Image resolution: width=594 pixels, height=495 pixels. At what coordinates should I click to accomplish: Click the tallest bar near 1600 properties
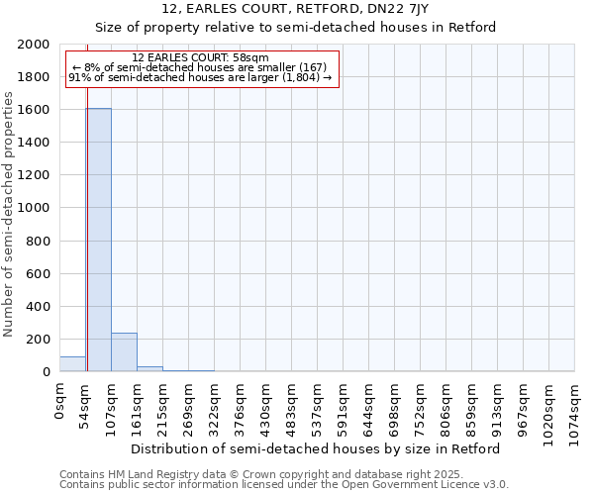(98, 240)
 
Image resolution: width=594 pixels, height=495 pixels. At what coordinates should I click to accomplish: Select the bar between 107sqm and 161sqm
(124, 352)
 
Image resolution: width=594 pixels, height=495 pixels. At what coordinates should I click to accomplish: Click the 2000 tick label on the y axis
(34, 45)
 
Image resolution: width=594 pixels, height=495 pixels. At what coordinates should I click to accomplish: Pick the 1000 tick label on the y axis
(34, 208)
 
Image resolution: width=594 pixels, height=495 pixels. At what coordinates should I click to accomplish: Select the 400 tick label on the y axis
(38, 307)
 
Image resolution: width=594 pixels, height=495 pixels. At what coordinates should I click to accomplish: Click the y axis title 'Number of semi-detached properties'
(9, 215)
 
